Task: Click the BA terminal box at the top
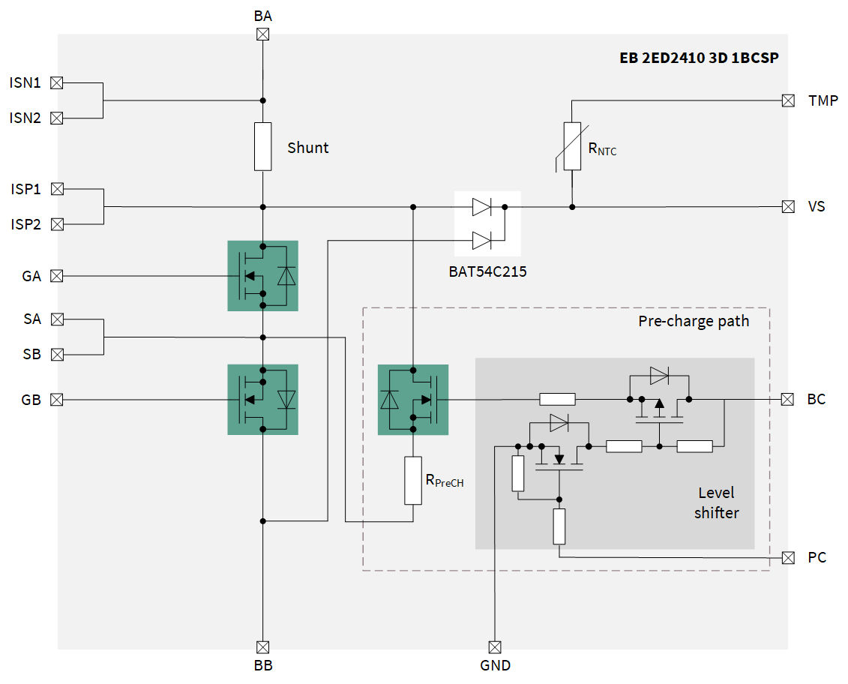click(x=263, y=34)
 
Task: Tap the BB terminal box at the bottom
click(x=263, y=646)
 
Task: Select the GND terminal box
click(x=495, y=646)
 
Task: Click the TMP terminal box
click(x=787, y=100)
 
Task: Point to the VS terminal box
click(x=787, y=206)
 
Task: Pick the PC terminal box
click(x=787, y=557)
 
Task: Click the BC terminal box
click(x=787, y=399)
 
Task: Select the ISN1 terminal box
click(x=56, y=82)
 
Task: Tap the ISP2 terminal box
click(x=56, y=223)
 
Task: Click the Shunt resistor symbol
click(x=263, y=146)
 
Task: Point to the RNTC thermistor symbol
click(x=572, y=146)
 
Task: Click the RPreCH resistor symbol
click(x=413, y=480)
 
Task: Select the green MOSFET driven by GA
click(x=262, y=275)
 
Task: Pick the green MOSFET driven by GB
click(x=262, y=399)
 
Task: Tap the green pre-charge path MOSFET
click(x=413, y=399)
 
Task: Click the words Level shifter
click(x=716, y=502)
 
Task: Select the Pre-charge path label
click(x=694, y=321)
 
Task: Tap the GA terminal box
click(x=56, y=276)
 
